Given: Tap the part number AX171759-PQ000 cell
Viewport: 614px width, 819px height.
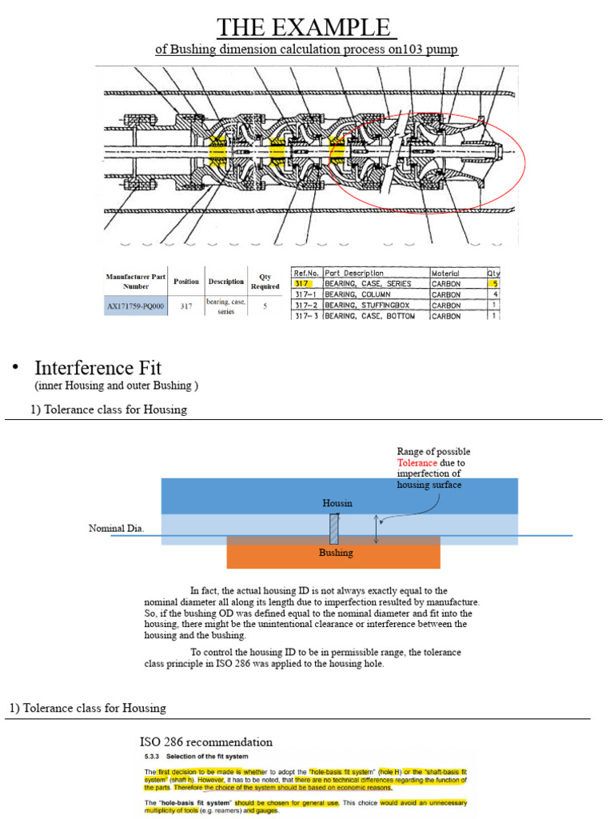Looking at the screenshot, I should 135,306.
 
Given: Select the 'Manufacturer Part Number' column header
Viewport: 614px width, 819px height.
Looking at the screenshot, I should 135,282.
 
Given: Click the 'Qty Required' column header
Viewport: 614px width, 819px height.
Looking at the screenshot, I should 264,282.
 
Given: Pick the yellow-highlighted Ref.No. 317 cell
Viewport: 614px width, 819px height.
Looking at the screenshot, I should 302,283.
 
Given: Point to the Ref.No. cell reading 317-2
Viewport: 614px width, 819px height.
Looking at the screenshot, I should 305,305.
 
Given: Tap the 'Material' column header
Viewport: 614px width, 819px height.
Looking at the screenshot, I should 445,273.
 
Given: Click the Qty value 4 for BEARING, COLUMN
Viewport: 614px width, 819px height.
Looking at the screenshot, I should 494,294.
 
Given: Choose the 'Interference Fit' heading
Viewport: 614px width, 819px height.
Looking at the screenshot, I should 98,368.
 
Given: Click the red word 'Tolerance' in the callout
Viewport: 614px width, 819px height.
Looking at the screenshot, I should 417,463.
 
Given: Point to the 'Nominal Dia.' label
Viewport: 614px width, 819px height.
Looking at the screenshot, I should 116,529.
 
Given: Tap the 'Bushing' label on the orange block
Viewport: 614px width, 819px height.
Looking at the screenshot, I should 336,553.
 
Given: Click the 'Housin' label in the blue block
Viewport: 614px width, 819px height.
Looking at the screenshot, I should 337,503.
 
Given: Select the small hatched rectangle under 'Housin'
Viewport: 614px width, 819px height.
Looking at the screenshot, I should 334,529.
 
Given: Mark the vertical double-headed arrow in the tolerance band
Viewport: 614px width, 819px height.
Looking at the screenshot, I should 376,530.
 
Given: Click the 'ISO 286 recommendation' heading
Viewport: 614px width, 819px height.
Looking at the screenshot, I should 205,741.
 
